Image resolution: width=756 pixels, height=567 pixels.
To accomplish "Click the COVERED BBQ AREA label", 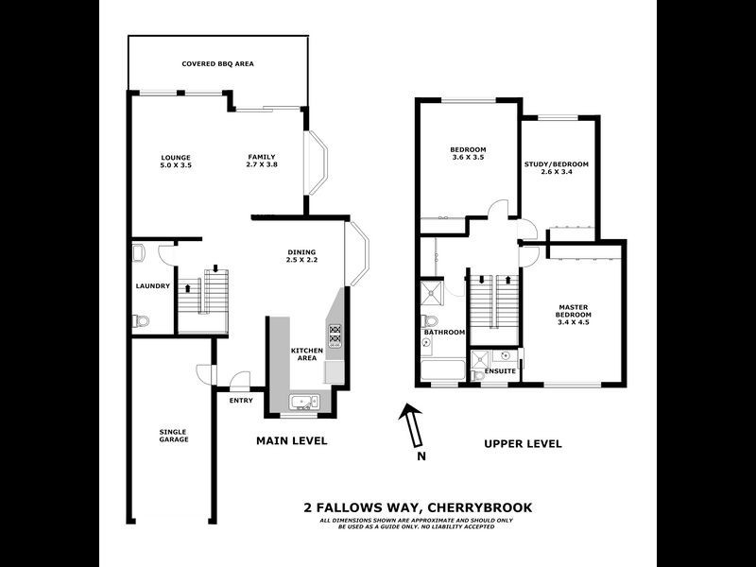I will pos(218,64).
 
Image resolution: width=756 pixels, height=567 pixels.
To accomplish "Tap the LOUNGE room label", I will pos(176,157).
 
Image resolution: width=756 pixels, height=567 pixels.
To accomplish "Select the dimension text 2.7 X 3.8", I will pos(262,165).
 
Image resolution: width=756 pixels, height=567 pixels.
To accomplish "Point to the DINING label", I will pos(302,251).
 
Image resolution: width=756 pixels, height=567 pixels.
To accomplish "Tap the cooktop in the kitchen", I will pos(335,334).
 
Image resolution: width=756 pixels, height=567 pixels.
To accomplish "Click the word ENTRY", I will pos(241,401).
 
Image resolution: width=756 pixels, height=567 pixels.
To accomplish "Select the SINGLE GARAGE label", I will pos(174,436).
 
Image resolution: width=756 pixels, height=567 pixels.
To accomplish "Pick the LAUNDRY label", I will pos(152,286).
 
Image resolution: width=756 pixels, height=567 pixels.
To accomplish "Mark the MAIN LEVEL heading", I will pos(292,441).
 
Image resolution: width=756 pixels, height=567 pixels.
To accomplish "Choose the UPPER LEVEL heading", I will pos(523,443).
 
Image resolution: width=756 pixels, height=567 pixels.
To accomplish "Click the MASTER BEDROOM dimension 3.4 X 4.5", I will pos(575,322).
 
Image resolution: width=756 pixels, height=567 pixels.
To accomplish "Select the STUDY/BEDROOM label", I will pos(557,164).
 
